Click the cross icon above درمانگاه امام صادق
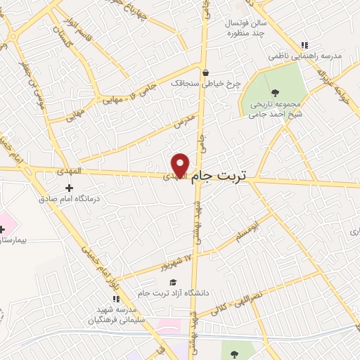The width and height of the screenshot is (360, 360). click(69, 188)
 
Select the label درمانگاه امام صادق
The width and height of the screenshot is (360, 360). click(70, 199)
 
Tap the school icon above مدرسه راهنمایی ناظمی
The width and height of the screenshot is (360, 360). click(304, 45)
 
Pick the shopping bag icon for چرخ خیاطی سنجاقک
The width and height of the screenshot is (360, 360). click(205, 72)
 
